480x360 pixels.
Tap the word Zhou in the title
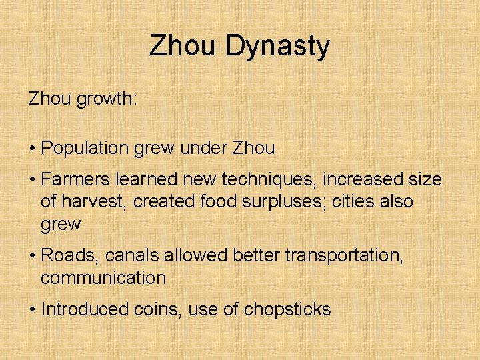point(183,46)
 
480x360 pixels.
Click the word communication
point(103,277)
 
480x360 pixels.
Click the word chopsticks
point(287,309)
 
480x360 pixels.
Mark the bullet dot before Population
point(32,149)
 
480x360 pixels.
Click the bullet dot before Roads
point(32,256)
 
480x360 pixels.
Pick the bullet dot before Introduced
point(32,310)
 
